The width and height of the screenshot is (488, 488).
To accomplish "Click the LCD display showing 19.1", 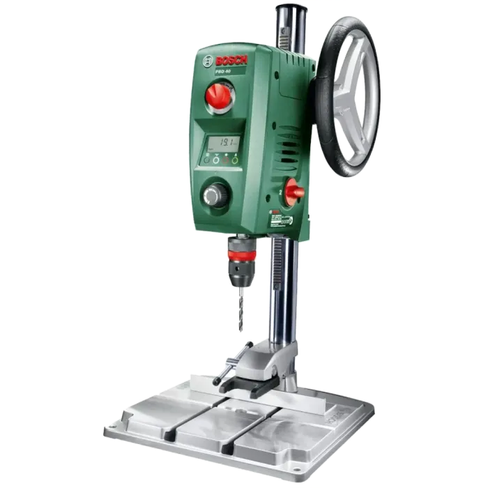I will [x=224, y=143].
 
